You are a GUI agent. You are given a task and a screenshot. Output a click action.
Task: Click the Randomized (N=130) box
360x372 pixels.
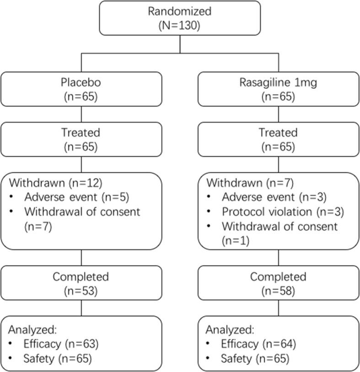[x=180, y=18]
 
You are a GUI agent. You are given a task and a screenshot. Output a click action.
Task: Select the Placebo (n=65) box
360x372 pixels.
[x=81, y=90]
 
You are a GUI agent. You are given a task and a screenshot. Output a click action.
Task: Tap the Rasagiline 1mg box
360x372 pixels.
[x=278, y=90]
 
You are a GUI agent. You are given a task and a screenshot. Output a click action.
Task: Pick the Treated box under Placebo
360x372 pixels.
[x=81, y=139]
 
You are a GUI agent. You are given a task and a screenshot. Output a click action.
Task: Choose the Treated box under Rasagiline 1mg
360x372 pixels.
[x=278, y=139]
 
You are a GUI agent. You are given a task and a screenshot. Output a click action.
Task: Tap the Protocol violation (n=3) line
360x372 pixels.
[x=282, y=212]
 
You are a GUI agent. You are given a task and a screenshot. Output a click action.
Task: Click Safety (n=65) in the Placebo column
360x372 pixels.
[x=57, y=359]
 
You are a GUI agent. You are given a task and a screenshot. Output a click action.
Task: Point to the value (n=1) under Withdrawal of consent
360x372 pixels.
[x=235, y=240]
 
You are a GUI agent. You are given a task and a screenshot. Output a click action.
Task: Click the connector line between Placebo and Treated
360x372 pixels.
[x=81, y=114]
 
